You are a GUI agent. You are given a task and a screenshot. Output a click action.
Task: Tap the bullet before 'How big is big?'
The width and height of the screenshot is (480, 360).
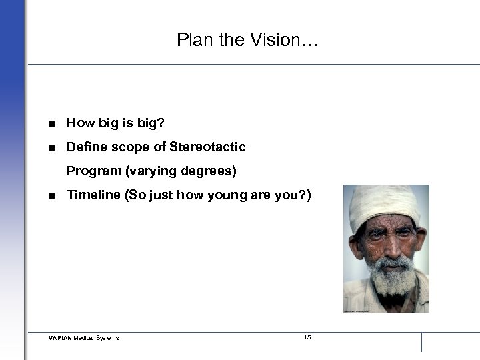click(x=51, y=123)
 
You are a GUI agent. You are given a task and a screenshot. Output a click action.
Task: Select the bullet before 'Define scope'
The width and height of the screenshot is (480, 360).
click(x=51, y=147)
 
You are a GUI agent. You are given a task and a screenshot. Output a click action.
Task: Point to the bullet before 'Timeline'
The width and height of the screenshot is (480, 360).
click(x=51, y=196)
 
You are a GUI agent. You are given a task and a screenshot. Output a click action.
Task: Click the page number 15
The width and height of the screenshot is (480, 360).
click(x=307, y=337)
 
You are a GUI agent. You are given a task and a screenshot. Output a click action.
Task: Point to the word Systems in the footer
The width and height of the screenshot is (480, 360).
click(x=107, y=338)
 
